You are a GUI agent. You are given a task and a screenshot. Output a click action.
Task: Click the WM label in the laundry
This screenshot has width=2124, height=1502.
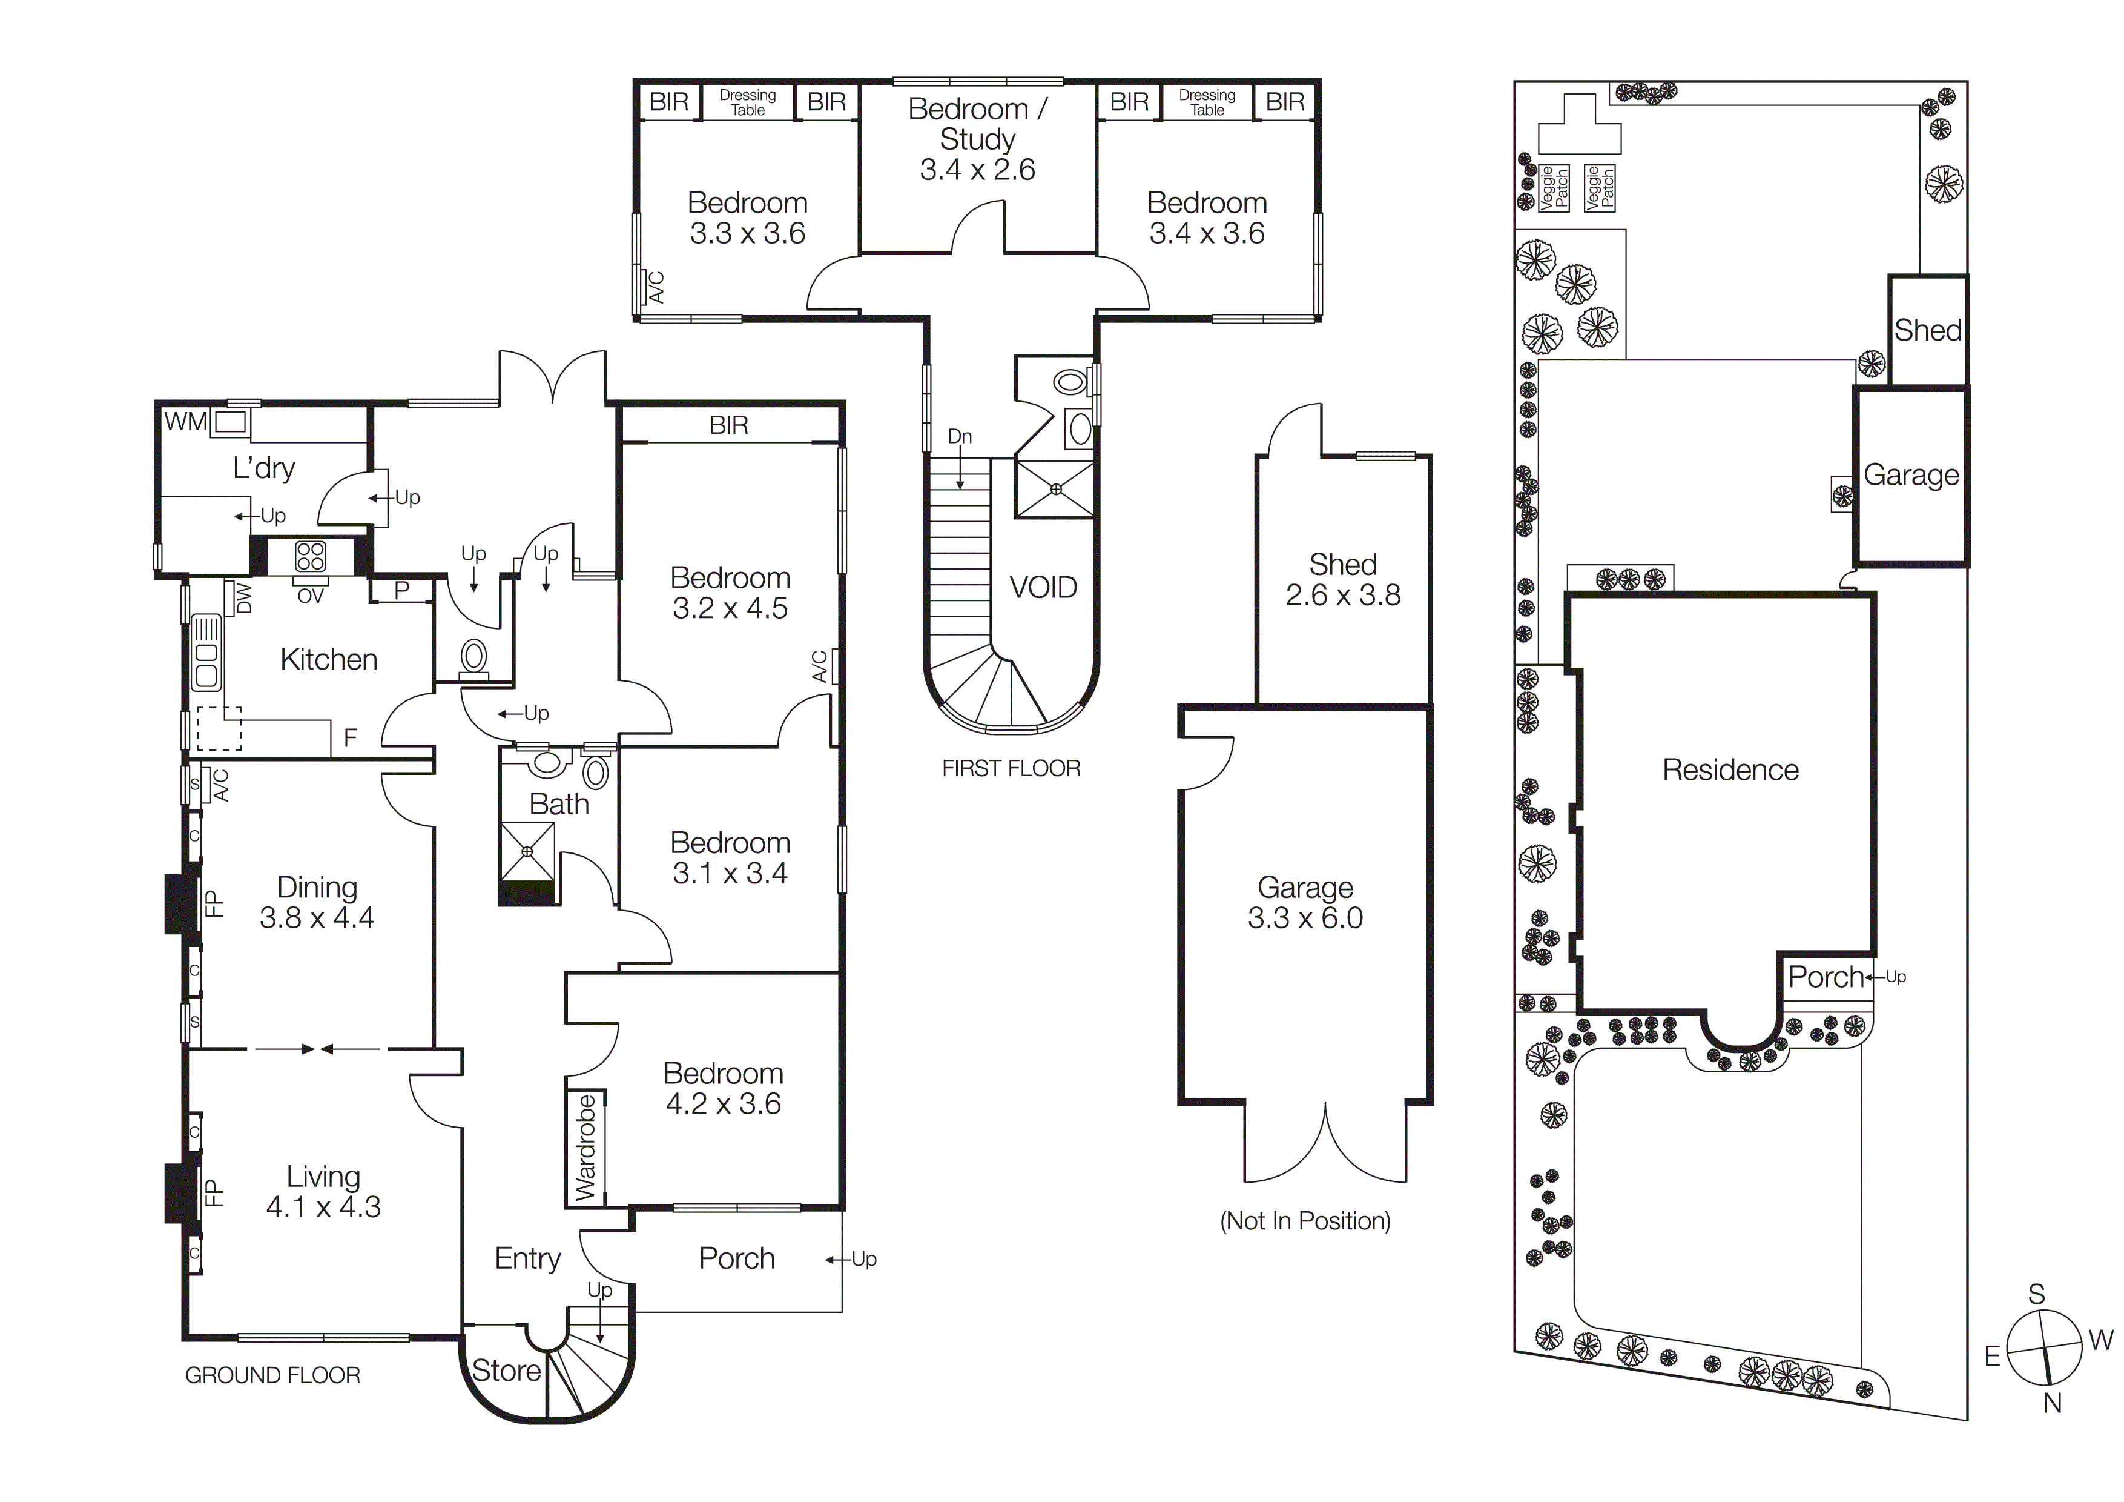(185, 422)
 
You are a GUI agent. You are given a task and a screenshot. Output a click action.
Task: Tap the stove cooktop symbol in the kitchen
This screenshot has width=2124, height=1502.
(310, 556)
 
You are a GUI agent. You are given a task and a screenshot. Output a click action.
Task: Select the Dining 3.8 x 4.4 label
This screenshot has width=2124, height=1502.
(317, 902)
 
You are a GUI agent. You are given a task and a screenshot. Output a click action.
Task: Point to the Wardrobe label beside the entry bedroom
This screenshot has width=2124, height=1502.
(585, 1148)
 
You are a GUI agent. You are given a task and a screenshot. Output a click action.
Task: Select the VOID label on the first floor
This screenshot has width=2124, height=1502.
(1043, 588)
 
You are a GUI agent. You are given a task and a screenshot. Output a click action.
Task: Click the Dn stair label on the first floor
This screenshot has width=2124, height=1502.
(959, 436)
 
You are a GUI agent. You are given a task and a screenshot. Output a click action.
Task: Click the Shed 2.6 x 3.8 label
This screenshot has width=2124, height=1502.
(1342, 579)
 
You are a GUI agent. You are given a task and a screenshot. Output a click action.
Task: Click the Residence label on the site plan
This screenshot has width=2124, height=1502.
(1730, 770)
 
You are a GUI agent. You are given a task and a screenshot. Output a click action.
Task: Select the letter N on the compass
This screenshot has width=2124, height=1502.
(2052, 1403)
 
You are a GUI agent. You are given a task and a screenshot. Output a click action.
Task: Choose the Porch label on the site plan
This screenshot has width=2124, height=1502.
(1824, 976)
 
